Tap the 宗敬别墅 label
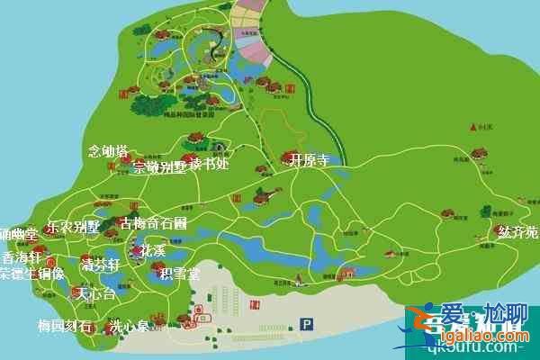[x=160, y=167]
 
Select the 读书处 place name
[x=210, y=166]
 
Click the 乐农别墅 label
[x=74, y=227]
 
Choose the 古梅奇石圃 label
[x=154, y=222]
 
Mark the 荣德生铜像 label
[x=32, y=274]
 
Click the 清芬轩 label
[x=99, y=266]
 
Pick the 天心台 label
[x=94, y=294]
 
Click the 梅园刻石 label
[x=65, y=326]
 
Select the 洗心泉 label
[x=128, y=328]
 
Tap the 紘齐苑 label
[x=517, y=232]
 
